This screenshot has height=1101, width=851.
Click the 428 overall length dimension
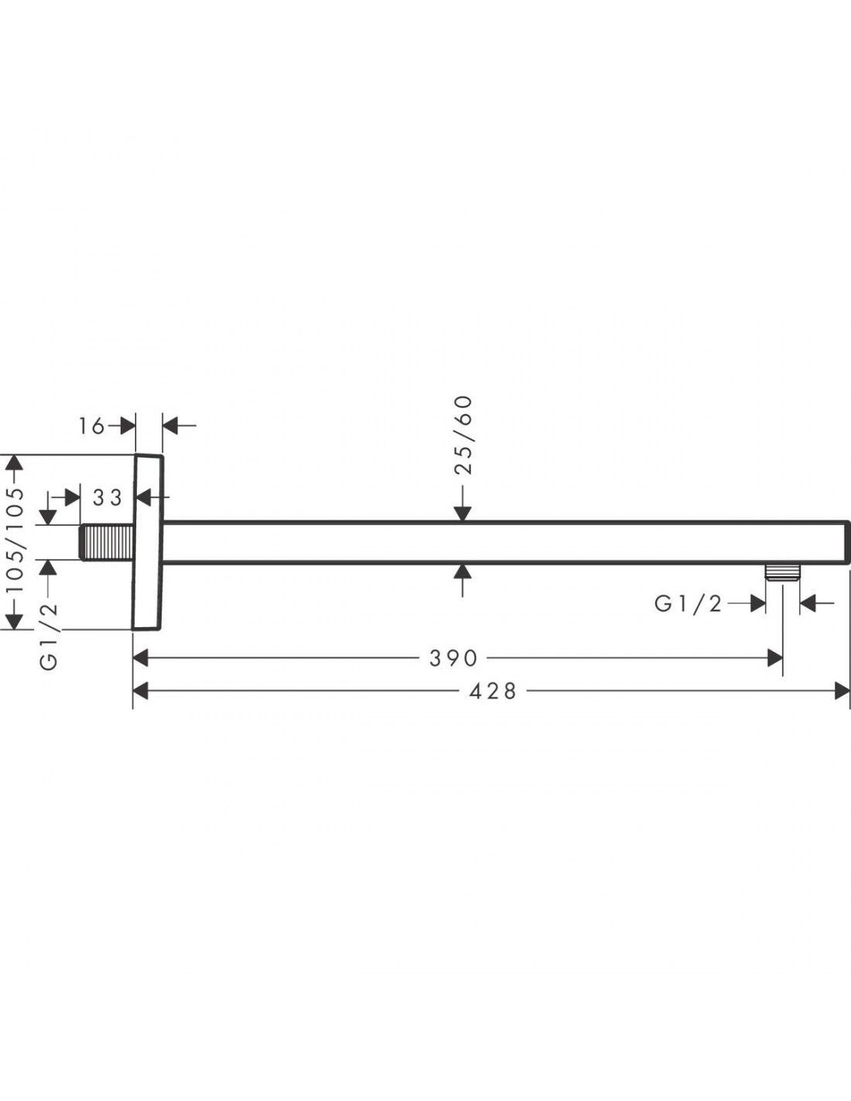tap(493, 691)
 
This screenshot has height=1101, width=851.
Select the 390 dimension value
tap(453, 658)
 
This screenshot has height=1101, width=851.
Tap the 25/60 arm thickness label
tap(463, 435)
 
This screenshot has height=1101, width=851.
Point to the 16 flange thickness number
tap(91, 426)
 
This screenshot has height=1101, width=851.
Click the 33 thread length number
tap(108, 498)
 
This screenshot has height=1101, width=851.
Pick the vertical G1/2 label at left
tap(49, 637)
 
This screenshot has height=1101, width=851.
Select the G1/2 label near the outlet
tap(688, 603)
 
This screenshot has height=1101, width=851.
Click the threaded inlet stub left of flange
tap(108, 543)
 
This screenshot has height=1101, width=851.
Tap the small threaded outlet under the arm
tap(783, 571)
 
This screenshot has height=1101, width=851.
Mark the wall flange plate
tap(147, 542)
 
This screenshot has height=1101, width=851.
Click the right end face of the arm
tap(847, 542)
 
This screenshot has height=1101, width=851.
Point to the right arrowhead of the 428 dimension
tap(842, 691)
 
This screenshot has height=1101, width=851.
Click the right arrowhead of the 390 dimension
tap(775, 658)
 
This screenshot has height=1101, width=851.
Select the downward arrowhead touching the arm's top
tap(463, 513)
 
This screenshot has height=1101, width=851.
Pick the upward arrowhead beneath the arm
tap(463, 571)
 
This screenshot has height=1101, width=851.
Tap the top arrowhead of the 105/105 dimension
tap(15, 463)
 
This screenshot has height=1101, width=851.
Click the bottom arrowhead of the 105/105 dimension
tap(15, 622)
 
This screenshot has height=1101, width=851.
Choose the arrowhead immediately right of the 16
tap(128, 426)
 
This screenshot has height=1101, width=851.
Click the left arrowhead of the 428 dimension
tap(140, 691)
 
